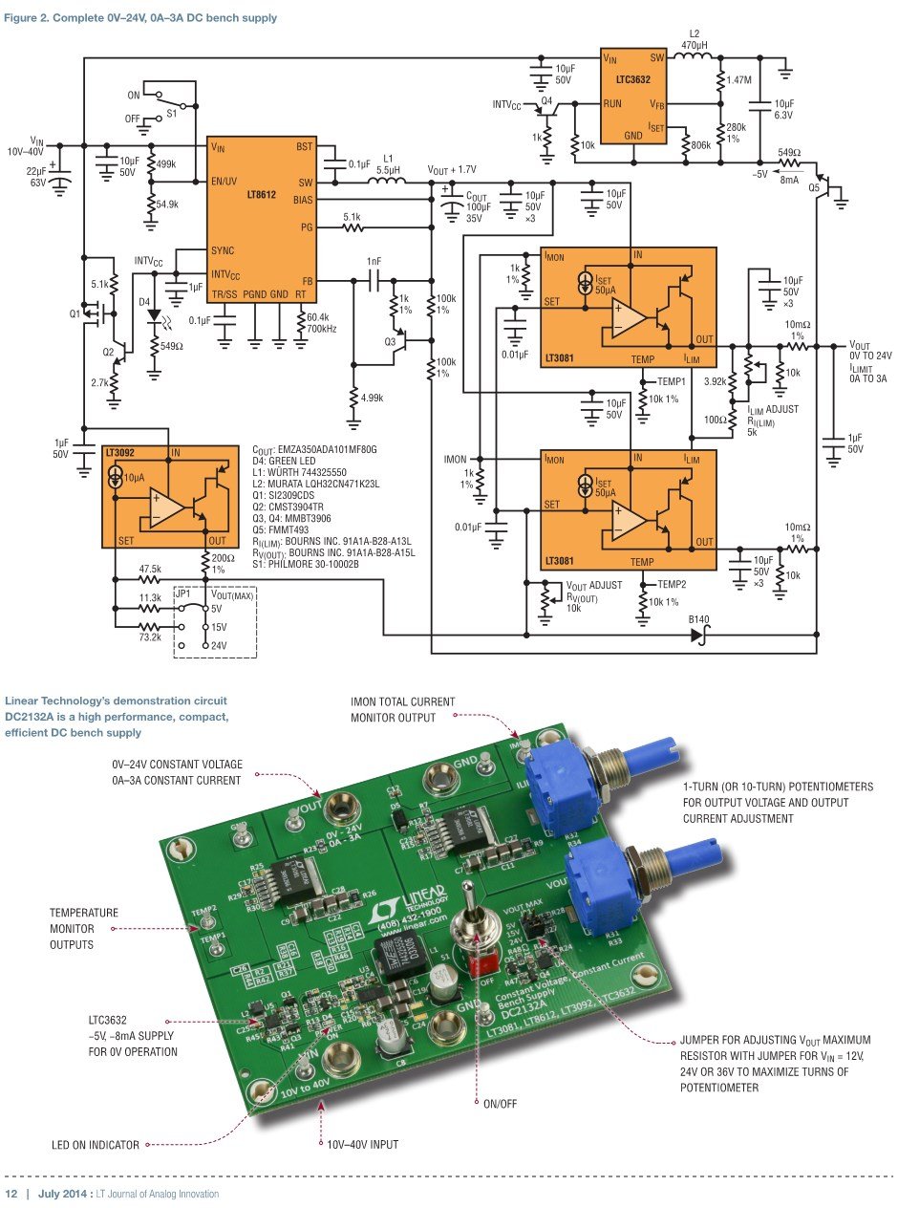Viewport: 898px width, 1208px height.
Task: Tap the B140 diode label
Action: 703,619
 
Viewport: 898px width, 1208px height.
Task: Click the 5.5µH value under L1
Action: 387,170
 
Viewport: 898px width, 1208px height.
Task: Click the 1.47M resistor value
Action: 739,80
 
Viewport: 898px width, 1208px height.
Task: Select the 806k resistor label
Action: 699,144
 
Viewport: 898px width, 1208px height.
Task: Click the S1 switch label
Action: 172,113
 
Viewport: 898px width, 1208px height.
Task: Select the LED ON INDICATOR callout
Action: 96,1144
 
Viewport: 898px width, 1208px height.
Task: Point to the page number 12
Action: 12,1194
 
